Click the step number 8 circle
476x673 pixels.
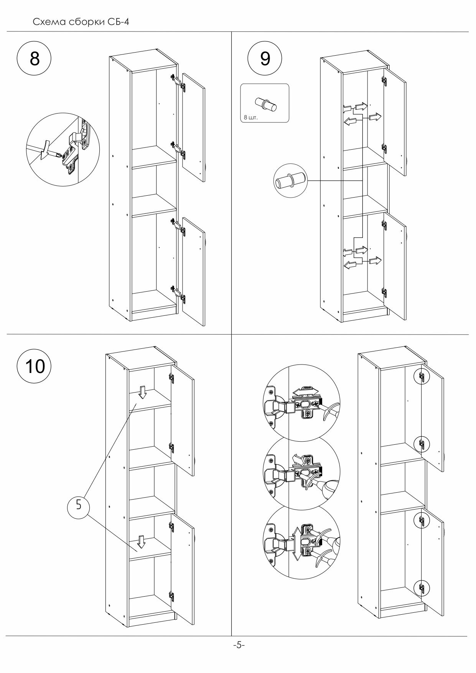click(35, 59)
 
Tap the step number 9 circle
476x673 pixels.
click(265, 59)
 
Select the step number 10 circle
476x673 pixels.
click(35, 366)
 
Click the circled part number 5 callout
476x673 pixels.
click(79, 505)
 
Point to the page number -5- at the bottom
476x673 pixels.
click(239, 645)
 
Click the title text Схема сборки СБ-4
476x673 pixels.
click(81, 22)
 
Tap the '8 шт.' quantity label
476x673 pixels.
click(251, 118)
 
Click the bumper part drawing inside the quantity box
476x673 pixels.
click(265, 104)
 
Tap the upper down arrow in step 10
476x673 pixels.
click(143, 392)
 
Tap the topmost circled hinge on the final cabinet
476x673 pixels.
click(422, 377)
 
